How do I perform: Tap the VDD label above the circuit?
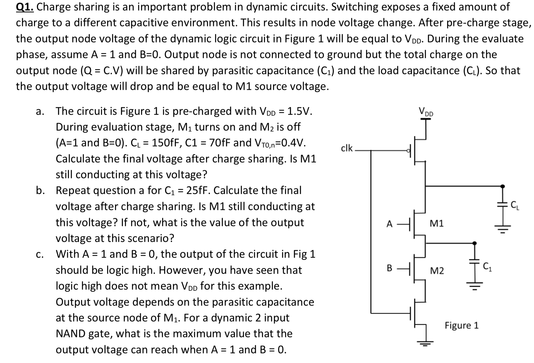click(x=426, y=112)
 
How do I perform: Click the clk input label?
click(x=347, y=148)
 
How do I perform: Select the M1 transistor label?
click(x=437, y=224)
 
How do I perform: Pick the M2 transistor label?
click(x=437, y=271)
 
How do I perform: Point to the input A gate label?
click(x=389, y=224)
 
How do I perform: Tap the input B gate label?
click(x=389, y=268)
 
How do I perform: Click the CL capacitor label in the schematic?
click(x=515, y=206)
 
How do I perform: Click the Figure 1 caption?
click(x=462, y=325)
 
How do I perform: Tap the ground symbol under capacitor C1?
click(x=474, y=285)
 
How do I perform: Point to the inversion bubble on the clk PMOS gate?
click(x=408, y=151)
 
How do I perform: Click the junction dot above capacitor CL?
click(x=502, y=186)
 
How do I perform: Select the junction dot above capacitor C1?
click(x=474, y=243)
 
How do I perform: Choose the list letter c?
click(x=40, y=254)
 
